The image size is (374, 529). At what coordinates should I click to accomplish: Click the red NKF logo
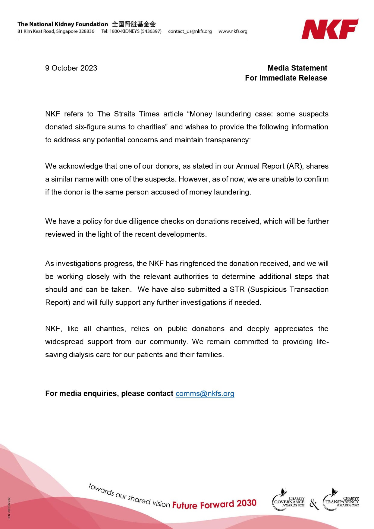[330, 29]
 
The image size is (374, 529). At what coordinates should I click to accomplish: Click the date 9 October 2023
[71, 68]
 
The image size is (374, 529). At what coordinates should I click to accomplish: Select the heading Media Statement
[297, 68]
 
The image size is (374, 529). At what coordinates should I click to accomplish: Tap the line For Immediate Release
[286, 78]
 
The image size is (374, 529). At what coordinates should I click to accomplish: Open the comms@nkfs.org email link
[205, 394]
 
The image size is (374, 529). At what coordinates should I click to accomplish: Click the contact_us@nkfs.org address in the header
[190, 31]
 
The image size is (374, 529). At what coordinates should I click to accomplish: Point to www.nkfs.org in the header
[233, 31]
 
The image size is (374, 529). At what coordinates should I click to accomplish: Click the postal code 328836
[86, 31]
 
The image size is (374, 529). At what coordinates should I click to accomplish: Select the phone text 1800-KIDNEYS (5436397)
[135, 31]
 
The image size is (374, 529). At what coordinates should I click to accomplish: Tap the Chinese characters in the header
[134, 24]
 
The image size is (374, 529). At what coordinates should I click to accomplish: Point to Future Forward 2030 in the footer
[214, 504]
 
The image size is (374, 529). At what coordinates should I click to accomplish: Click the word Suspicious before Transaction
[268, 290]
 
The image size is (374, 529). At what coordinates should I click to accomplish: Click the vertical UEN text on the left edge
[9, 508]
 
